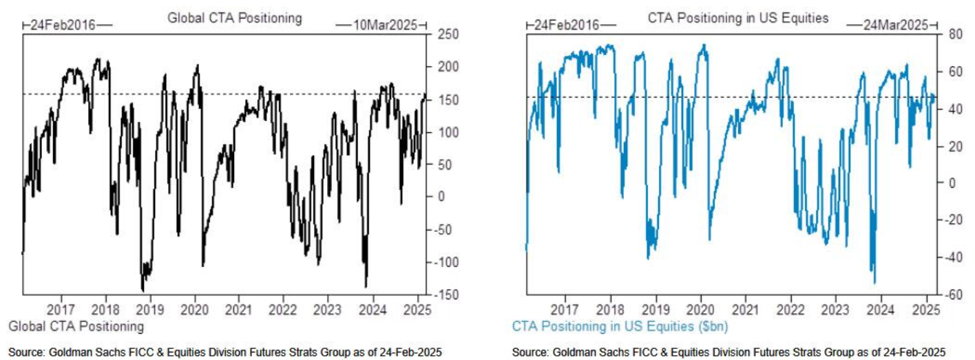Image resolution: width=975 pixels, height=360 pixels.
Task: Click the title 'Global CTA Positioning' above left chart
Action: coord(235,19)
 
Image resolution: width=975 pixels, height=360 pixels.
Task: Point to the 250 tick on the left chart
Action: coord(441,34)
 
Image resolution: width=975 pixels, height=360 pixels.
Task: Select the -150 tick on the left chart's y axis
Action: coord(441,295)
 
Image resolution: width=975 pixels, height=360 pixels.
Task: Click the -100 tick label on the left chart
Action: coord(441,262)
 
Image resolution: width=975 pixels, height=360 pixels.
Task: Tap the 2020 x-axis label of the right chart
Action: coord(700,309)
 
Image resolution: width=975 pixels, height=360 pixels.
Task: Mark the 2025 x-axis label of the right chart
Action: coord(923,309)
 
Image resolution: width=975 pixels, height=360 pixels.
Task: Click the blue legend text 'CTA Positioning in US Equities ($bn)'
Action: coord(619,326)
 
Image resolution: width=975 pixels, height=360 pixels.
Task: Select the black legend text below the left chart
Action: coord(76,326)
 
